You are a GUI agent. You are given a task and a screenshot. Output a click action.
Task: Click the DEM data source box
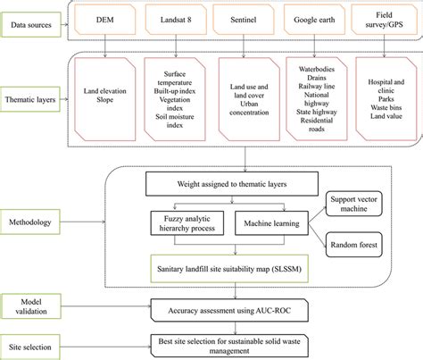pyautogui.click(x=106, y=18)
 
